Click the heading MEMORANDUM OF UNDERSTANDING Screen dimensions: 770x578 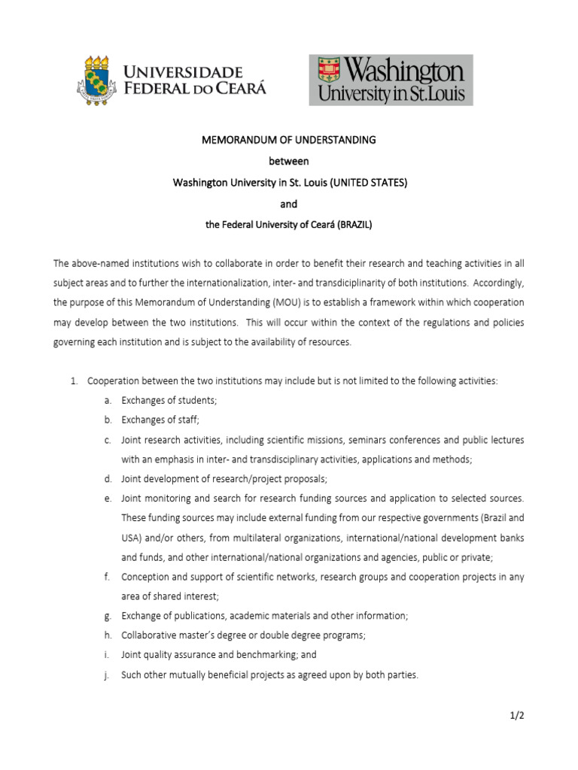289,140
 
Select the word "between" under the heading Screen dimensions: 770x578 289,161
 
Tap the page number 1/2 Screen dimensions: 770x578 516,716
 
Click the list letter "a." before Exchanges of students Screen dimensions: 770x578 108,401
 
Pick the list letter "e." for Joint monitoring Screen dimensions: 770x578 108,499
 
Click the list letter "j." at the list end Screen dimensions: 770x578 108,675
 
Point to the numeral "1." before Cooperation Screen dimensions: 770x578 75,381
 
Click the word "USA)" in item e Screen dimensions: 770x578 132,538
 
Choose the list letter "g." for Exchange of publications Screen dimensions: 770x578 108,616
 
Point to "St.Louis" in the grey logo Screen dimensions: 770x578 435,95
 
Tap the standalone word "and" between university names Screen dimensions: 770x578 289,203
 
